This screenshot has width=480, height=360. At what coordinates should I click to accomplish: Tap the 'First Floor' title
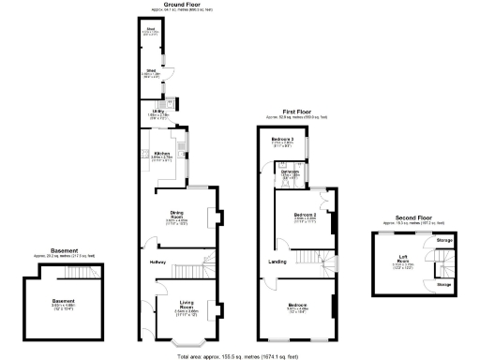pyautogui.click(x=297, y=112)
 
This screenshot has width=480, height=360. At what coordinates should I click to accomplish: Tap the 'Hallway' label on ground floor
pyautogui.click(x=157, y=262)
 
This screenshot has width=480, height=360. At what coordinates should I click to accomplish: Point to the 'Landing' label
pyautogui.click(x=278, y=261)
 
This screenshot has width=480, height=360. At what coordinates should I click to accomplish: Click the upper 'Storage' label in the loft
pyautogui.click(x=444, y=242)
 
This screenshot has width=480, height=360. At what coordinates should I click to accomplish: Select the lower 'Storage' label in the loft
pyautogui.click(x=444, y=283)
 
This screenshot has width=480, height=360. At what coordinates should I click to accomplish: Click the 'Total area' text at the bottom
pyautogui.click(x=246, y=354)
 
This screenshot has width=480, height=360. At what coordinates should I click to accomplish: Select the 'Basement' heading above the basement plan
pyautogui.click(x=63, y=250)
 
